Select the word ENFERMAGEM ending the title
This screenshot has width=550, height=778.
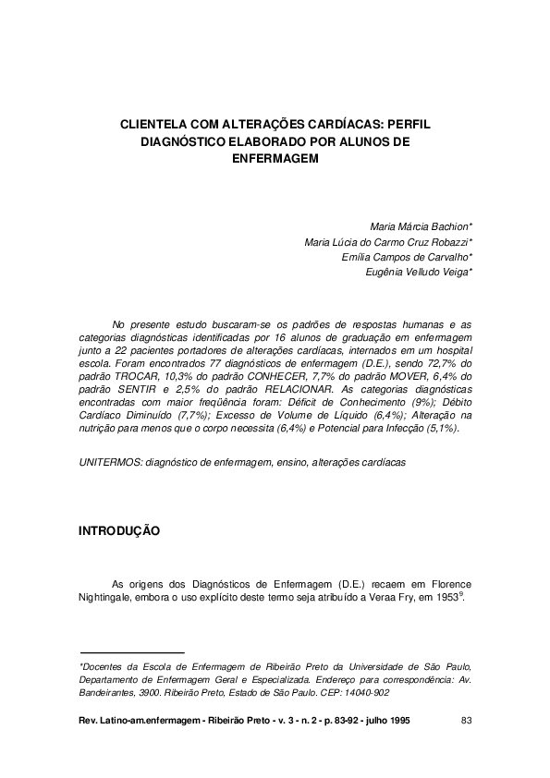click(x=275, y=158)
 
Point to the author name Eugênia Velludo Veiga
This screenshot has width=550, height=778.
click(x=419, y=273)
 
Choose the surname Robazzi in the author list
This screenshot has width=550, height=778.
click(x=446, y=241)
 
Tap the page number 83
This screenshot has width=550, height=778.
click(x=466, y=720)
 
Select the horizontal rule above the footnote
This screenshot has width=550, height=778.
click(x=132, y=652)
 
